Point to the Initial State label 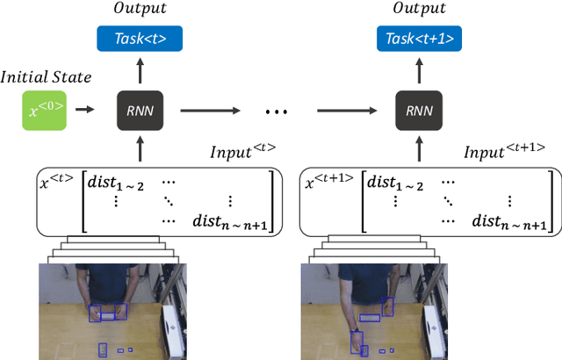[x=46, y=78]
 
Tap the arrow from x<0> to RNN [x=84, y=111]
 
